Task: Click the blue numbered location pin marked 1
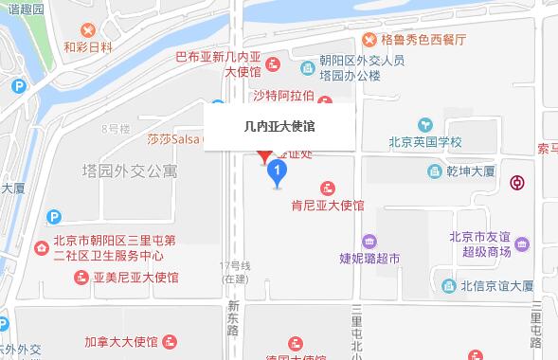click(277, 171)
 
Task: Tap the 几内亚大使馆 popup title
click(279, 124)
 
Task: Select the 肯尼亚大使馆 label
click(328, 205)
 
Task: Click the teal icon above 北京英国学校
click(424, 124)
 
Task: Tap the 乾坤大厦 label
click(471, 172)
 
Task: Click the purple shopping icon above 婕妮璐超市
click(369, 240)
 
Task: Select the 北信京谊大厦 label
click(496, 285)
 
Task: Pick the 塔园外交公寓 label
click(129, 171)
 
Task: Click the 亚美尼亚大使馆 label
click(136, 278)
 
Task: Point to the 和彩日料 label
click(88, 45)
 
